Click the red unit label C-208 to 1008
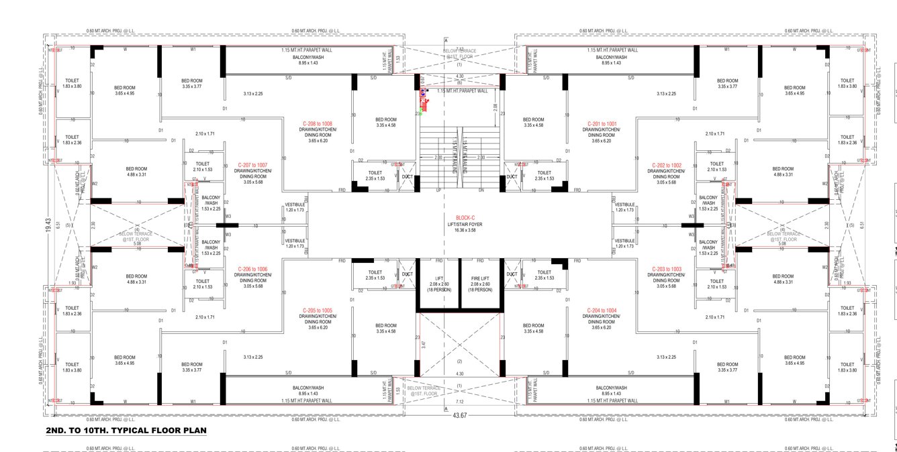318,123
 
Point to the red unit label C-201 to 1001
602,123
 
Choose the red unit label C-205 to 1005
318,310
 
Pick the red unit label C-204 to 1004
602,310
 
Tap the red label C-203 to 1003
666,269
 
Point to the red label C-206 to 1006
252,269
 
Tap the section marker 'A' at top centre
445,40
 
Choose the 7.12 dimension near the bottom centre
459,402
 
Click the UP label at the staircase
438,190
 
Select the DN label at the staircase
481,190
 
